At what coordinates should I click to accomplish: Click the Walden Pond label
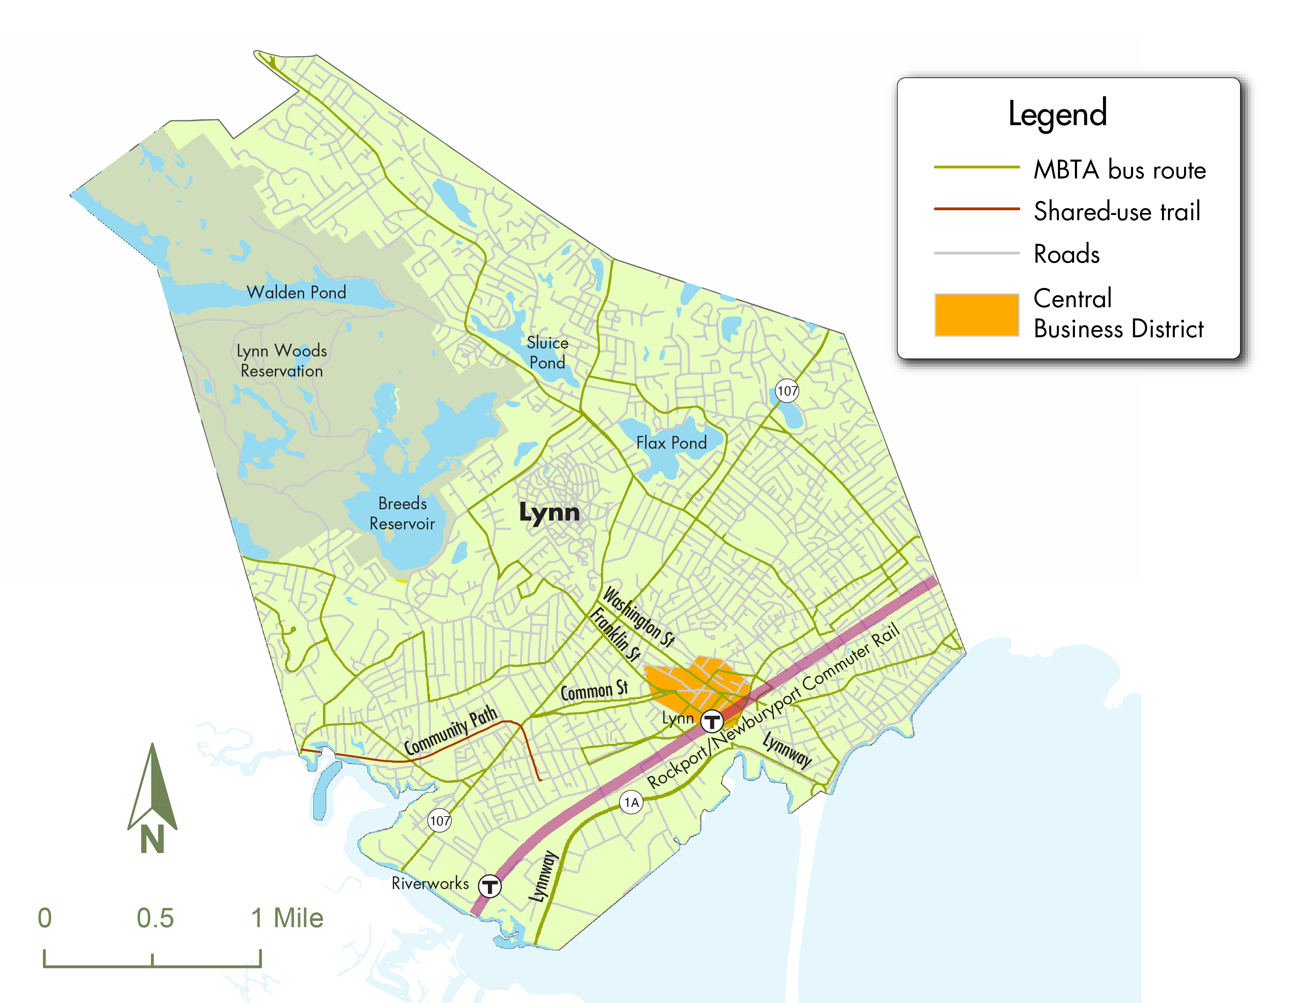pos(296,293)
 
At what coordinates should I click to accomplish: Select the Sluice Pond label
pos(547,353)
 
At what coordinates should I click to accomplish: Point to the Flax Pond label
pos(671,443)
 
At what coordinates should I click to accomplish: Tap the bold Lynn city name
pos(549,513)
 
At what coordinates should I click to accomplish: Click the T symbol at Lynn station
pos(711,721)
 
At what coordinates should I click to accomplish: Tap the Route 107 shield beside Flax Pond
pos(787,391)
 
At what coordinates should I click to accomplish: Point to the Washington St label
pos(638,617)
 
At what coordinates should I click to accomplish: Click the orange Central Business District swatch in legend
pos(976,315)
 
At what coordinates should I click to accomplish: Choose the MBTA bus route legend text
pos(1119,170)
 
